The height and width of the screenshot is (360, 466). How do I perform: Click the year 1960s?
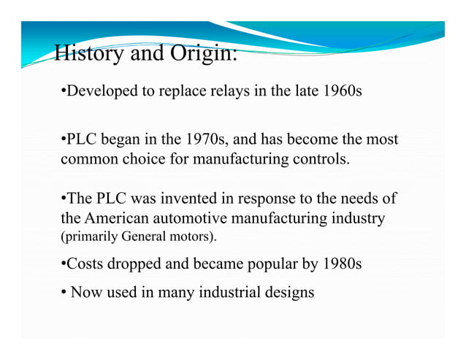click(x=340, y=93)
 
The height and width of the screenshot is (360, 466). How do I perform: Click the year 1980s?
click(x=340, y=264)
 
